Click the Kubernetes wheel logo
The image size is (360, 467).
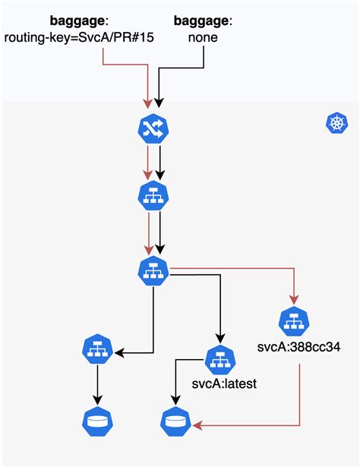click(x=336, y=123)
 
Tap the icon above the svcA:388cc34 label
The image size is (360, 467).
click(x=292, y=321)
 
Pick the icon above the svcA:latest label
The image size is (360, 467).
click(x=219, y=358)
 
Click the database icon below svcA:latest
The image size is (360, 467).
click(x=175, y=422)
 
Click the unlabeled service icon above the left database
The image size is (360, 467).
click(x=96, y=351)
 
